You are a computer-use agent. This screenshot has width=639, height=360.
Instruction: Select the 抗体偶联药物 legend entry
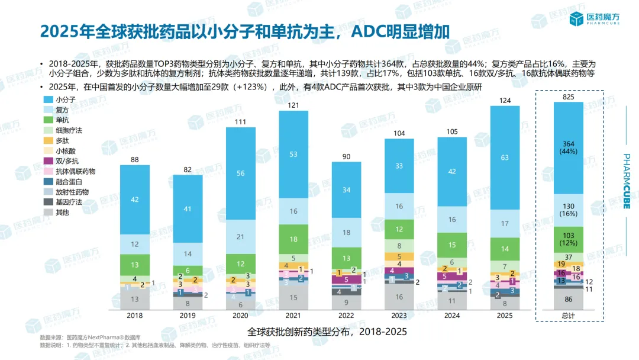75,171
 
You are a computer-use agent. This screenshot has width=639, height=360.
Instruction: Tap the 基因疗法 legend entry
69,202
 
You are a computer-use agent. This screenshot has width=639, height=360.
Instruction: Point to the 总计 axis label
569,316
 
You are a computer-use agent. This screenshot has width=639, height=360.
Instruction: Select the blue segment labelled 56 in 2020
241,173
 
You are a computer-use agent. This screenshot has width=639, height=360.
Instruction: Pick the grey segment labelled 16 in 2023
399,297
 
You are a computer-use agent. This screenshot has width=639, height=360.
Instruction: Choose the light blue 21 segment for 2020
241,237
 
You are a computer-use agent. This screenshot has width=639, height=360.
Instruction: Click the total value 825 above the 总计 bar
569,96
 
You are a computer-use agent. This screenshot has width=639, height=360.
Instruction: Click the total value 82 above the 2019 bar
188,169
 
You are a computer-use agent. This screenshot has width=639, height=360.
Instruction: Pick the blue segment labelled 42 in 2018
135,200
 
